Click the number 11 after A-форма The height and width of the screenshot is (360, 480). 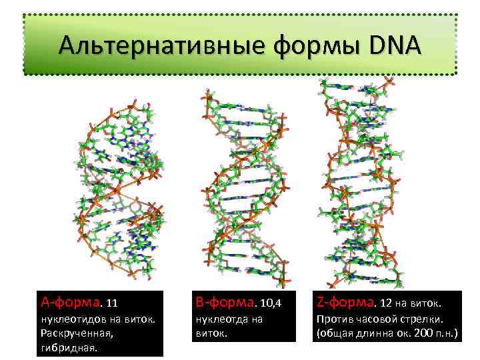[112, 304]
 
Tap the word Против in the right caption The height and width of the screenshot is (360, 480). [332, 319]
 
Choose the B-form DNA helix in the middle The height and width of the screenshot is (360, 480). [245, 187]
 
